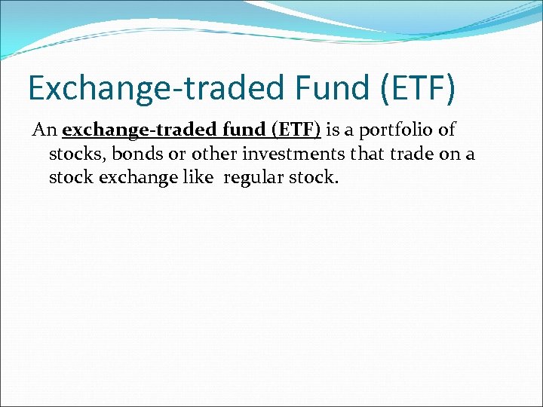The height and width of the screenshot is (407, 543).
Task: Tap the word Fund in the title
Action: [x=320, y=87]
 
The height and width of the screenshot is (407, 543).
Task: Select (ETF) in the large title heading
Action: [x=417, y=87]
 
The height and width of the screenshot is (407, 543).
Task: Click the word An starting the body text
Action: [x=44, y=130]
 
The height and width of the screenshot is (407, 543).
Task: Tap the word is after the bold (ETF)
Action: [x=333, y=130]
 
